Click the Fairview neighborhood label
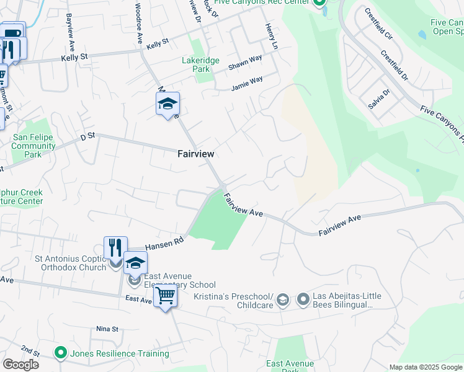195,153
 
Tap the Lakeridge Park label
196,65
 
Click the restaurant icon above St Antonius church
115,248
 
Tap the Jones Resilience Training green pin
60,353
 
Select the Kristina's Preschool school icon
283,301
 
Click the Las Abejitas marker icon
303,301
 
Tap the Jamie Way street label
247,83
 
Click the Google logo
20,365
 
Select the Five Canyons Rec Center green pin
319,3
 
